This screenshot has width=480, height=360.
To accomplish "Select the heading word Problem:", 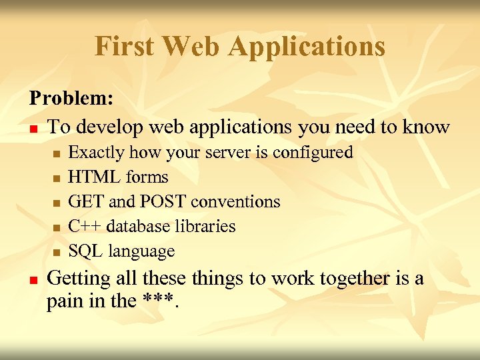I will (x=71, y=99).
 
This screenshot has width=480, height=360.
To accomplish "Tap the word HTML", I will (x=90, y=177).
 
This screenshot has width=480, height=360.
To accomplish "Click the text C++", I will (x=85, y=227).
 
